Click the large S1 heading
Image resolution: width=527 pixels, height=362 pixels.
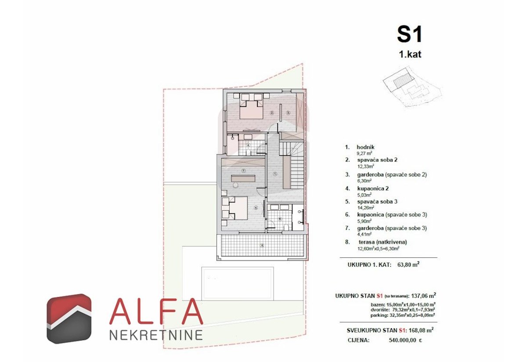pos(409,34)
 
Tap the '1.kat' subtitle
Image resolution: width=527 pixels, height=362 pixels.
pos(409,55)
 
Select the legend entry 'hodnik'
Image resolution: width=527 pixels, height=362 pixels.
pos(366,147)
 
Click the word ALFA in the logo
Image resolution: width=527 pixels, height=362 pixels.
pos(156,311)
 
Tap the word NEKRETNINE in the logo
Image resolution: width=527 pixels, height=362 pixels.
pos(156,335)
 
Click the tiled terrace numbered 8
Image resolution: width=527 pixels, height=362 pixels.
pos(262,245)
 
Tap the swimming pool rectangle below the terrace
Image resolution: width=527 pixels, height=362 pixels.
pos(237,282)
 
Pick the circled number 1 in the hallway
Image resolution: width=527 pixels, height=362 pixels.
pos(275,174)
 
